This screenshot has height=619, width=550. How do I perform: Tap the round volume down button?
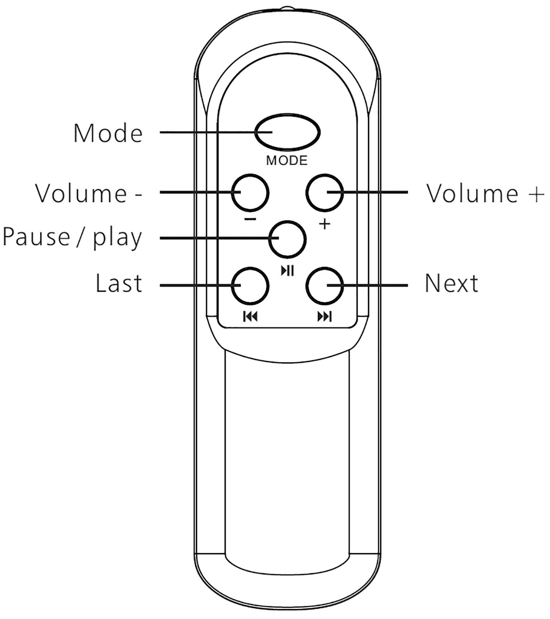(x=250, y=193)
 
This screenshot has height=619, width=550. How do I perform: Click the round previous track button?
(x=250, y=286)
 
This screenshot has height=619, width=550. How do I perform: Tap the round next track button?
(x=325, y=286)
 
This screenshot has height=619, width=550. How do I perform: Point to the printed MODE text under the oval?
(x=287, y=160)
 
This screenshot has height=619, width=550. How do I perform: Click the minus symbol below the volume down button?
(x=250, y=219)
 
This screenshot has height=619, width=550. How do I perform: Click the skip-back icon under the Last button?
(x=250, y=317)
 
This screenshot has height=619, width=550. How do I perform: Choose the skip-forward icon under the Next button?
(x=325, y=317)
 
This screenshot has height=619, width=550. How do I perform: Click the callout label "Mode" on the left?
(x=108, y=133)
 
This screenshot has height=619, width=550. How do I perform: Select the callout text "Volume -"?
(x=89, y=193)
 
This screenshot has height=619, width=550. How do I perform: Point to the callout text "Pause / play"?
(x=72, y=238)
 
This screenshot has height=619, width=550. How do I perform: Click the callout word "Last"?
(x=119, y=283)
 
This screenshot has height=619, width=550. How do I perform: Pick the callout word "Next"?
(x=451, y=283)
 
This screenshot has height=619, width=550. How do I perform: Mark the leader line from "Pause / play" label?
(x=215, y=238)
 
